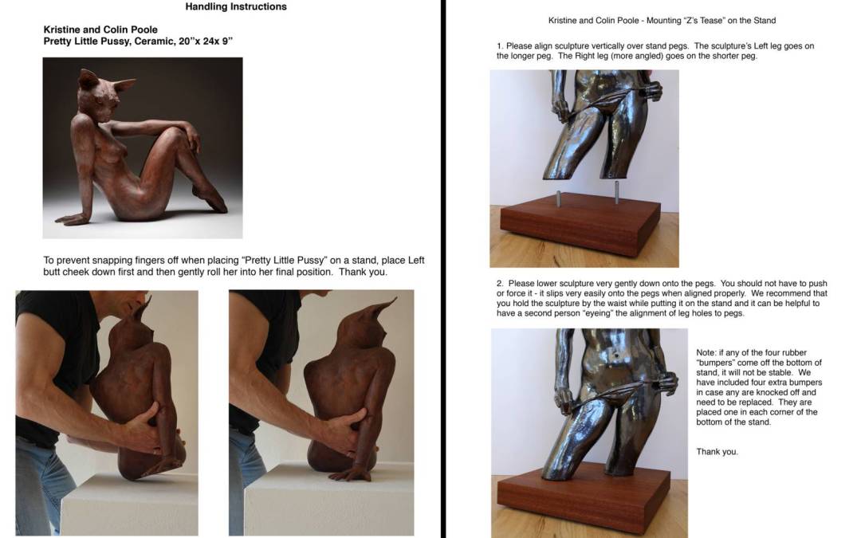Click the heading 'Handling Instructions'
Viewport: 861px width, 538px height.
pyautogui.click(x=235, y=6)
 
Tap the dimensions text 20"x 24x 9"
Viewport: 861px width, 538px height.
pyautogui.click(x=206, y=41)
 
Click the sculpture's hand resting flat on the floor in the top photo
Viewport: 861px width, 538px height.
pyautogui.click(x=72, y=219)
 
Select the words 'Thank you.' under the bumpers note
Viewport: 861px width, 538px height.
pyautogui.click(x=717, y=452)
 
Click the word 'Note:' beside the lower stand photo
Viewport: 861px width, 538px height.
pyautogui.click(x=706, y=352)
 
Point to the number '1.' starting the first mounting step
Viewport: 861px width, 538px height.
pyautogui.click(x=500, y=46)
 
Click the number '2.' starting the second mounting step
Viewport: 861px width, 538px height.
pyautogui.click(x=500, y=283)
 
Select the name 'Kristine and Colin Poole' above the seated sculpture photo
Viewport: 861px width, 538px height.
pyautogui.click(x=100, y=29)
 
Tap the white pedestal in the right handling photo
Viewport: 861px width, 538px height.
pyautogui.click(x=329, y=500)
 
